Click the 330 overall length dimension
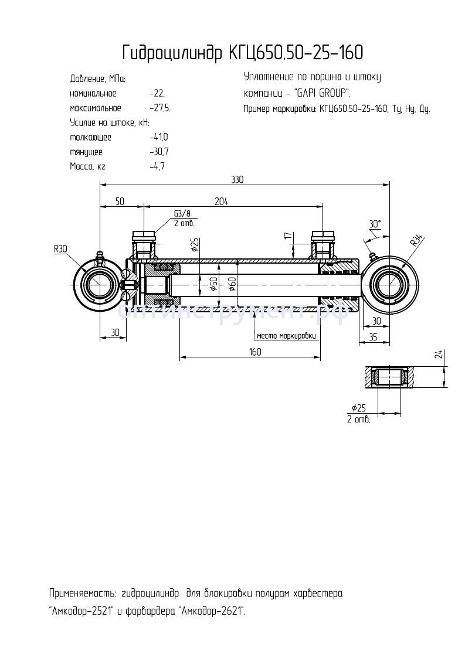click(236, 180)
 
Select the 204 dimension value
click(221, 201)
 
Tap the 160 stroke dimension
click(254, 352)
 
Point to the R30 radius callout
click(60, 249)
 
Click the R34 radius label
click(416, 240)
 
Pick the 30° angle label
click(375, 224)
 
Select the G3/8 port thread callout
click(182, 214)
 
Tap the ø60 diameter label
click(232, 284)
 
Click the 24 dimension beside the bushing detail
click(439, 353)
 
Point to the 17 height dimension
click(287, 236)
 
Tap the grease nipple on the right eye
click(371, 256)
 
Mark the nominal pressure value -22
click(157, 93)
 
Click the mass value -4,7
click(157, 166)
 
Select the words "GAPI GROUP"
click(321, 93)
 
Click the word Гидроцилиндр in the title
click(171, 53)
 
